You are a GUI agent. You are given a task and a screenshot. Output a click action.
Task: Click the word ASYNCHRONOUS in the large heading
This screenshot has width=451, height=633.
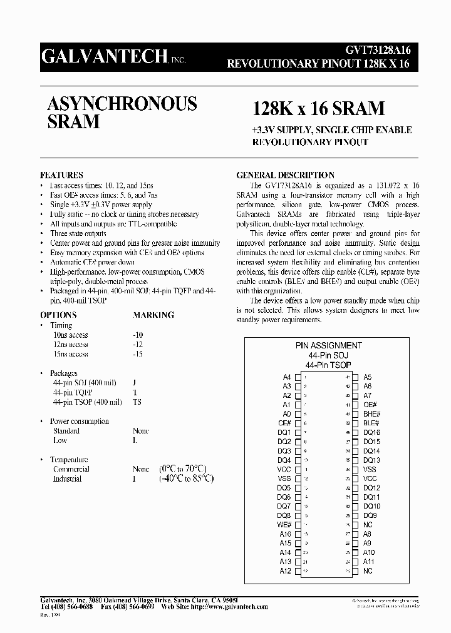point(122,104)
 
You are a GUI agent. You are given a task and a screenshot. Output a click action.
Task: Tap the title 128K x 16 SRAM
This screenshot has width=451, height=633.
point(318,108)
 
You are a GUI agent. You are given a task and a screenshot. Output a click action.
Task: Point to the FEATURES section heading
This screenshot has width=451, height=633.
point(61,175)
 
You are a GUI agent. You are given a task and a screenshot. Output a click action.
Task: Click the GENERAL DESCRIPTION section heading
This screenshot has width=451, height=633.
point(284,175)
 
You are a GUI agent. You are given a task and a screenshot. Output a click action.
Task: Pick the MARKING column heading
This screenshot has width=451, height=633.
point(153,315)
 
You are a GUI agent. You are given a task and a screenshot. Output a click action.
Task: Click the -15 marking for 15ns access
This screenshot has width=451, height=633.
point(138,354)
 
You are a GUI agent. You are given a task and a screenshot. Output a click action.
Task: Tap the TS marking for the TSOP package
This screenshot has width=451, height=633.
point(137,402)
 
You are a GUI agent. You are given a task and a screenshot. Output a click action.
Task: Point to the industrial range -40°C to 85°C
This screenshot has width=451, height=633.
point(185,479)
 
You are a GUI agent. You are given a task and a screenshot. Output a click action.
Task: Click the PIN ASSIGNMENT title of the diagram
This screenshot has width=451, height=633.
point(328,345)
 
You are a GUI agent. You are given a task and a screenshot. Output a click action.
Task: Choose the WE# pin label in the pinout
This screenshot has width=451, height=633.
point(284,524)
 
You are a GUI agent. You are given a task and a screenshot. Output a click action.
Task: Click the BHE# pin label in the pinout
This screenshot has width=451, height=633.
point(371,414)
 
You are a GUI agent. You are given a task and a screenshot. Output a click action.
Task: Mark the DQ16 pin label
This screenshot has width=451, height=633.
point(371,432)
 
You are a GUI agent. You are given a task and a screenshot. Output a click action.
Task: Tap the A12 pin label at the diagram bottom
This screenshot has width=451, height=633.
point(285,571)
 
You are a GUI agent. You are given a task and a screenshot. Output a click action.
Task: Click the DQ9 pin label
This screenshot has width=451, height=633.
point(370,515)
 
